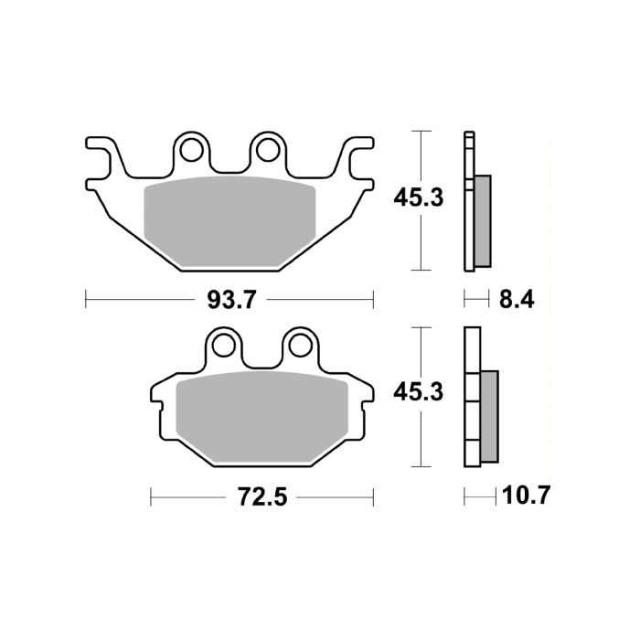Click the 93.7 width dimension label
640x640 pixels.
click(229, 298)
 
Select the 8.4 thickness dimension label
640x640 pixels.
click(515, 298)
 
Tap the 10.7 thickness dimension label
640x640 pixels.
click(526, 497)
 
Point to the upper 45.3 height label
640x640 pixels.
click(417, 197)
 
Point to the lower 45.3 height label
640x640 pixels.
click(417, 392)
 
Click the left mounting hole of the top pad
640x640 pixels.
click(191, 146)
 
